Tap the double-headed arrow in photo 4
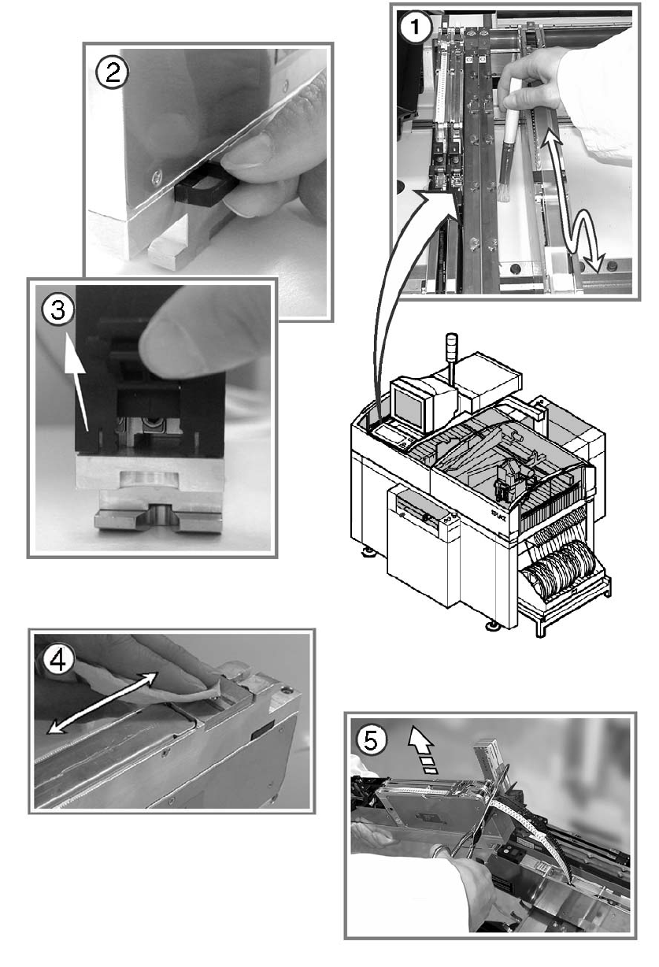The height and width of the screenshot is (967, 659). tap(102, 702)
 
